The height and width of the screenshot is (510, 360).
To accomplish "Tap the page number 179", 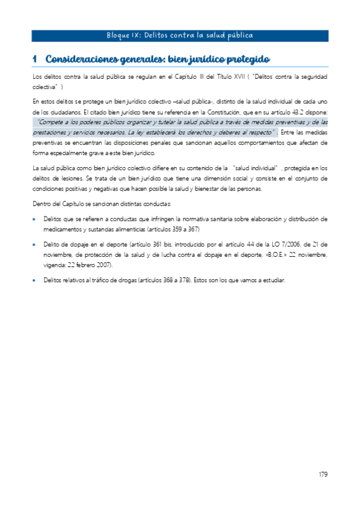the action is coord(323,475).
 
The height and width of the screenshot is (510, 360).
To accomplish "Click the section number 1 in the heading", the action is coord(35,59).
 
